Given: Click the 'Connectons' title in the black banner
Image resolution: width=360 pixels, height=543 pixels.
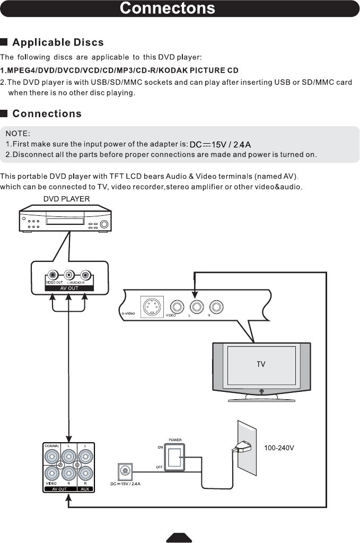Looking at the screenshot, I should click(x=167, y=8).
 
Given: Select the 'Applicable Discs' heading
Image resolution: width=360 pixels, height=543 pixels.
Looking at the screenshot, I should click(x=58, y=42).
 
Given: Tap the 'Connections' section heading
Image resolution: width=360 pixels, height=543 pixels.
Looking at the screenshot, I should click(x=47, y=113).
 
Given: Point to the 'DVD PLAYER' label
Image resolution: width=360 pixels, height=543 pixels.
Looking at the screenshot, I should click(x=66, y=199).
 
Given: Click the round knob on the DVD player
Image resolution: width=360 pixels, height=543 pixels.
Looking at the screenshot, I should click(x=104, y=224).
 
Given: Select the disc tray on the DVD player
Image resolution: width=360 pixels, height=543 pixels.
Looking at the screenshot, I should click(x=64, y=220).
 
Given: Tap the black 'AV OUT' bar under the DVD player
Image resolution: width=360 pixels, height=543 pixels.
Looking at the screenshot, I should click(x=68, y=288).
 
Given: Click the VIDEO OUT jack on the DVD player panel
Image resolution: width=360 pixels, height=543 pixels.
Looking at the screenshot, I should click(x=53, y=275).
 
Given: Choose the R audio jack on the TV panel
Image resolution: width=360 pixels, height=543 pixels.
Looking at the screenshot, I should click(x=215, y=306).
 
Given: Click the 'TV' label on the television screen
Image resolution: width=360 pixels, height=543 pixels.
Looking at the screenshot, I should click(x=261, y=364).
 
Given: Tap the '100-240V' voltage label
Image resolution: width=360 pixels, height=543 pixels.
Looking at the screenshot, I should click(x=279, y=448).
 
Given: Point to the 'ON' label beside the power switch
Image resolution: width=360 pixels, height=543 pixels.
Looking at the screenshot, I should click(x=160, y=447).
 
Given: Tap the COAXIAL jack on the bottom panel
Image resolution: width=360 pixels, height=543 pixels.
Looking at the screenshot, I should click(x=52, y=456).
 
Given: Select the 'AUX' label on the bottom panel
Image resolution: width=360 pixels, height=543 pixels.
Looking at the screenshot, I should click(x=85, y=489).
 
